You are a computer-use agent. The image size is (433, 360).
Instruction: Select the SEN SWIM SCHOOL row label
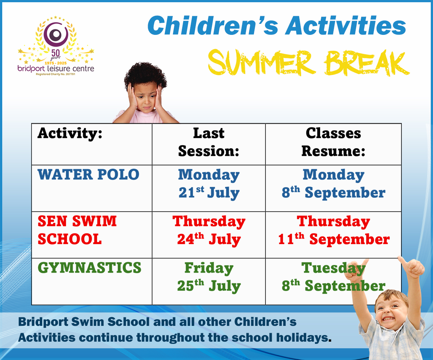click(x=77, y=230)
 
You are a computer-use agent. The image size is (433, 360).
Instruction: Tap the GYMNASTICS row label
click(x=89, y=268)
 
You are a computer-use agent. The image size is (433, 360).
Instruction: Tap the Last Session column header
click(x=209, y=142)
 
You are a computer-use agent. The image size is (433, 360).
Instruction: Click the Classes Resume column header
click(x=334, y=142)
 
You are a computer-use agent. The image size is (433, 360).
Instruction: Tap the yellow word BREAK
click(x=367, y=63)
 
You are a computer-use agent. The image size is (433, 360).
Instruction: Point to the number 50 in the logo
click(x=55, y=52)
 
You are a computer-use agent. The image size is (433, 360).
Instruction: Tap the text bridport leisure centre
click(x=56, y=69)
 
